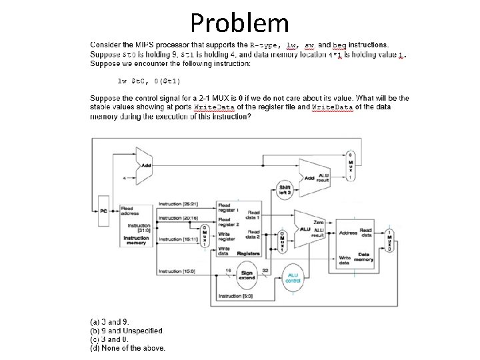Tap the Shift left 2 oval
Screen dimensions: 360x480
coord(285,191)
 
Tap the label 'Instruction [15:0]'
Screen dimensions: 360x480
coord(177,271)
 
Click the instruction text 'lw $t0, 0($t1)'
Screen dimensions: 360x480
coord(149,81)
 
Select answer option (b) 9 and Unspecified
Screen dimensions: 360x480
coord(126,331)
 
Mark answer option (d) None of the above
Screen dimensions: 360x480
coord(127,347)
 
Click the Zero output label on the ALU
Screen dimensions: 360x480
coord(318,222)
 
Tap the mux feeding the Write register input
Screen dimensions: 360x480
coord(205,236)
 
